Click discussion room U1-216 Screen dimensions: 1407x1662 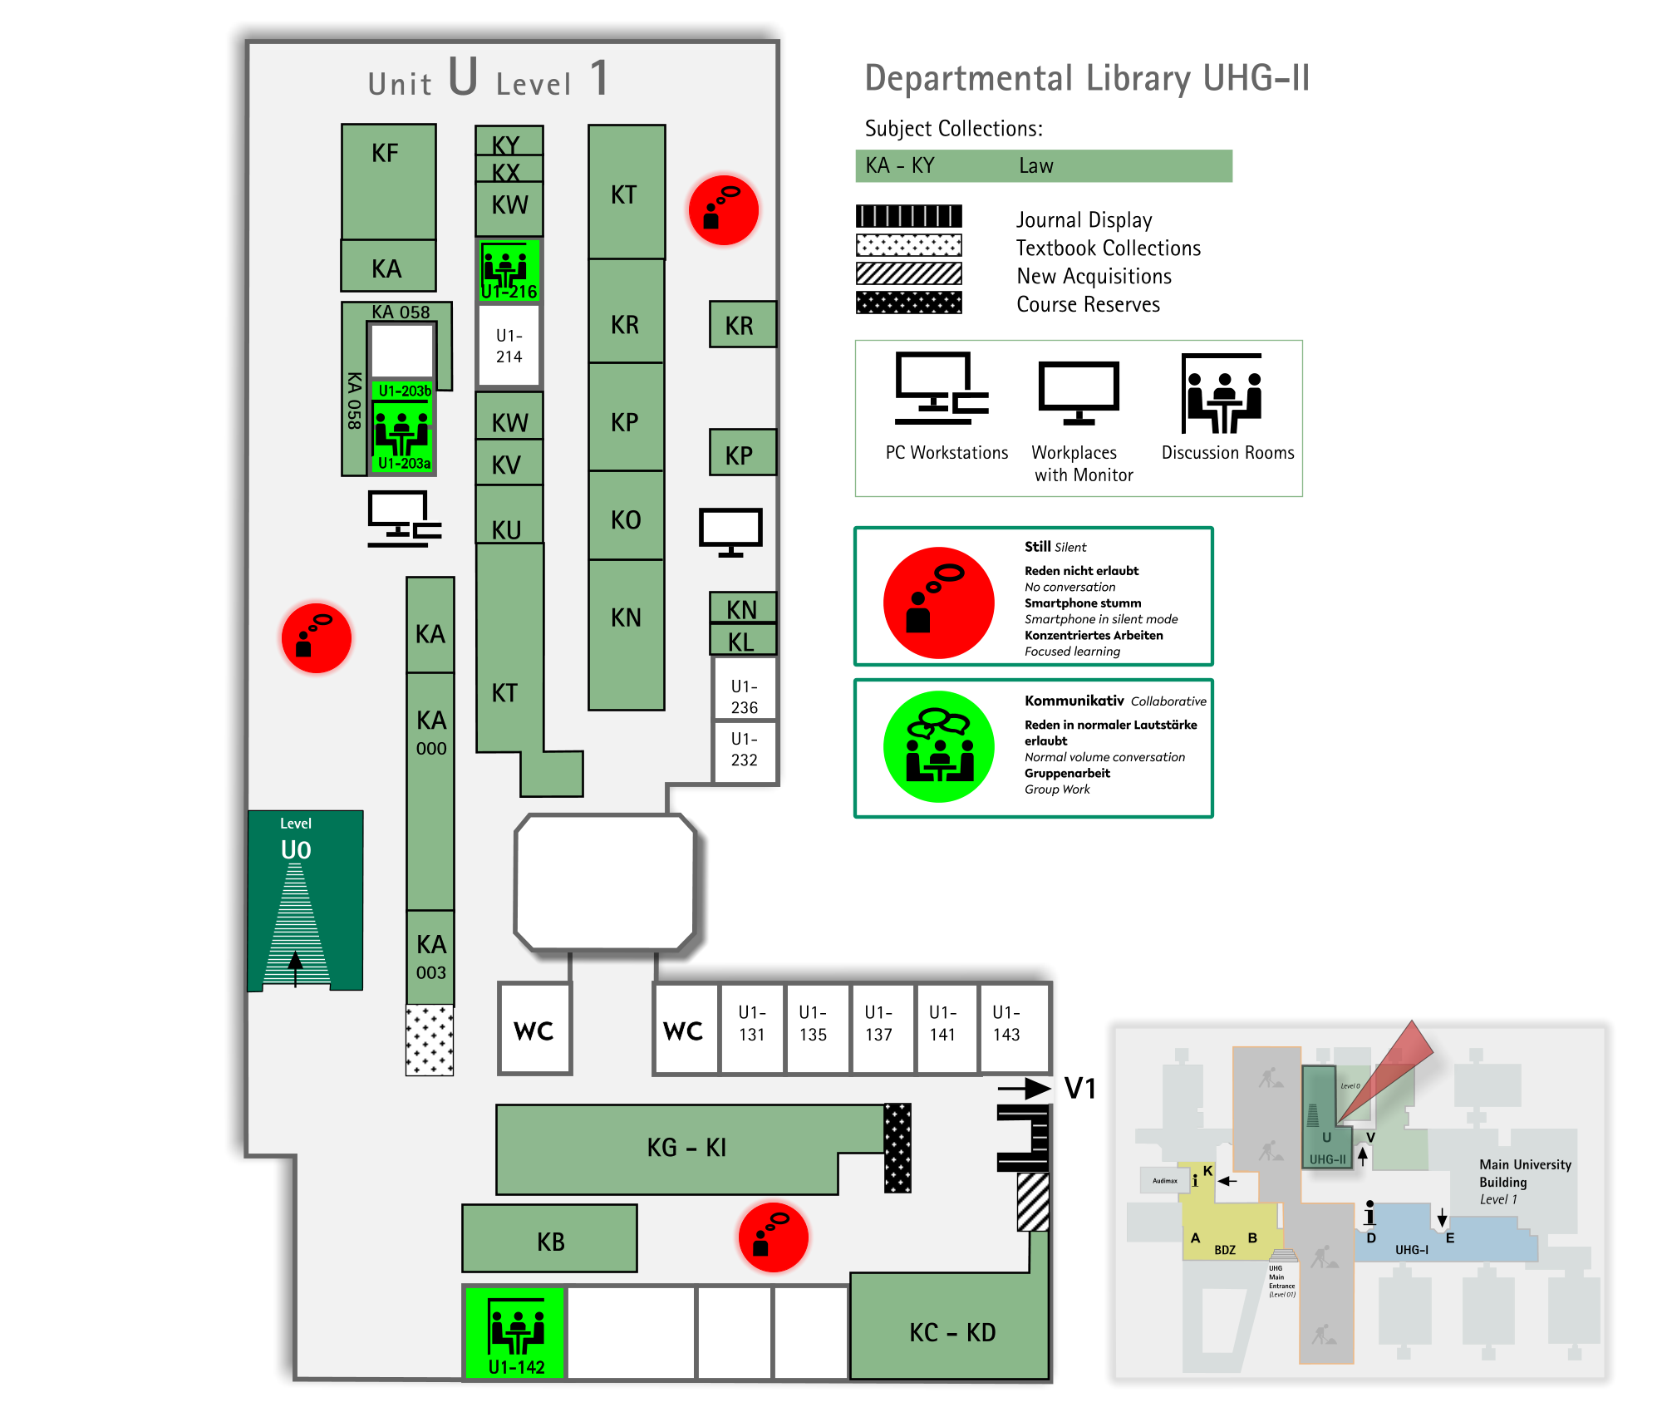(x=509, y=270)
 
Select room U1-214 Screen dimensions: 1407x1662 (x=509, y=347)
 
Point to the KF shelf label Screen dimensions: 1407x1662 (x=386, y=154)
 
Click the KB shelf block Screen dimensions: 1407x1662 (x=550, y=1239)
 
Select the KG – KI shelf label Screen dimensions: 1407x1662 (x=686, y=1148)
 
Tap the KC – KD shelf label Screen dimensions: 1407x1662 (x=952, y=1333)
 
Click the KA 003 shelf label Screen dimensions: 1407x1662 (x=431, y=956)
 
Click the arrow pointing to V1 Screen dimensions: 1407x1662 (x=1025, y=1088)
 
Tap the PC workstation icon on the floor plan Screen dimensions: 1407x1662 (x=405, y=519)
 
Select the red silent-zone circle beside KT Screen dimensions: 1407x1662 (x=724, y=210)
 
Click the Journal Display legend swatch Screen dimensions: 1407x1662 (x=909, y=217)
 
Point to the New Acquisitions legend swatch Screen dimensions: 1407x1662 (x=909, y=273)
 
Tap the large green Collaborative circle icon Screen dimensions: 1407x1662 (x=939, y=746)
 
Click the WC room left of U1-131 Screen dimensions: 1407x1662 (x=685, y=1031)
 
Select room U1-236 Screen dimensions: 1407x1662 (x=745, y=696)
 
